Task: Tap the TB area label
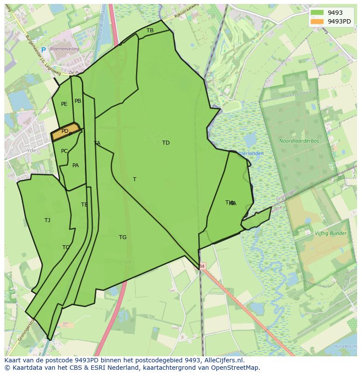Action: tap(150, 30)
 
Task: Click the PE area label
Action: tap(64, 104)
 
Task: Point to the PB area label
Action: tap(78, 101)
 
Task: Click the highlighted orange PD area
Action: tap(65, 131)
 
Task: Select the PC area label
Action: tap(64, 151)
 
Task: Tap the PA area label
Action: tap(75, 166)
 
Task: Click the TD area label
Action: tap(166, 143)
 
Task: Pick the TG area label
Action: tap(123, 237)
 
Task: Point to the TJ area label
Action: tap(47, 220)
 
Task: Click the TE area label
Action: tap(84, 205)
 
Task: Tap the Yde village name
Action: tap(31, 150)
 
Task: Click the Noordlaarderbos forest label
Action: tap(299, 141)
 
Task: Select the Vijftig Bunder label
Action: tap(330, 233)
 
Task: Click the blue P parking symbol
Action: tap(43, 50)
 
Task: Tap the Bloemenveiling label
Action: tap(65, 49)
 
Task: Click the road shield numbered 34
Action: tap(201, 266)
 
